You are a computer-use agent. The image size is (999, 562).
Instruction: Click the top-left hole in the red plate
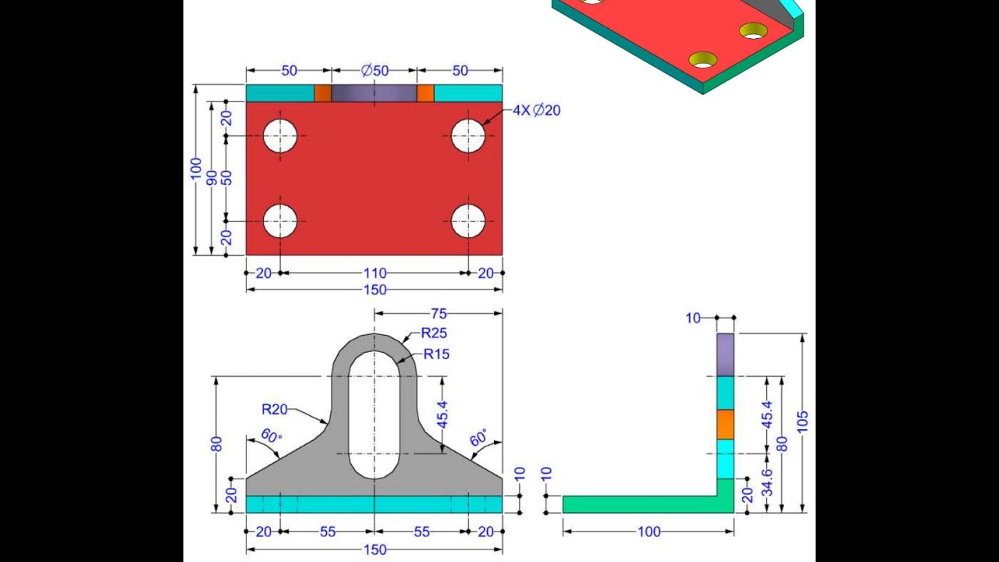point(280,136)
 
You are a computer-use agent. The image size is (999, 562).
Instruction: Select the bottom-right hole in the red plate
point(468,221)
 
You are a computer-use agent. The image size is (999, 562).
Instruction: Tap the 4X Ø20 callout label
point(536,111)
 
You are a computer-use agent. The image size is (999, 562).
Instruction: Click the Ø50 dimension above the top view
point(375,71)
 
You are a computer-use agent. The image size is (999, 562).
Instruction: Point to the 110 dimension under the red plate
point(375,273)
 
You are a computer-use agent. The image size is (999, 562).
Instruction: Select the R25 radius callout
point(434,333)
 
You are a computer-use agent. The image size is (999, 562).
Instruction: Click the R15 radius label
point(436,354)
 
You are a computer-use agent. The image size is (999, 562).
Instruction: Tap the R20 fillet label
point(275,409)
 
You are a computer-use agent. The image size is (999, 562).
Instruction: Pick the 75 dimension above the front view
point(439,314)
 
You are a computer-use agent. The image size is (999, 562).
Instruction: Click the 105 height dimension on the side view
point(802,421)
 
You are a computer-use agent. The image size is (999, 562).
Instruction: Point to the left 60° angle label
point(270,436)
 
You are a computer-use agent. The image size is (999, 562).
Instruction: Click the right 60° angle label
point(478,437)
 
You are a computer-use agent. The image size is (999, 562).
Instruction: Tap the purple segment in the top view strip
point(374,94)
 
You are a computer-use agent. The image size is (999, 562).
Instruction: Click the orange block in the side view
point(726,424)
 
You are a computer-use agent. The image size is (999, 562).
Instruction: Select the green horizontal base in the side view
point(640,504)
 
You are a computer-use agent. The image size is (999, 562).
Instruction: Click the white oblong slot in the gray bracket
point(375,414)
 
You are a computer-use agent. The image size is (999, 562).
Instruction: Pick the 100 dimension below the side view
point(649,532)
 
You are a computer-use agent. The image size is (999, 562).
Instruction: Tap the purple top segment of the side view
point(726,354)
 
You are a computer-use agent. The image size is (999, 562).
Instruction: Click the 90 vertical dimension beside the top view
point(212,177)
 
